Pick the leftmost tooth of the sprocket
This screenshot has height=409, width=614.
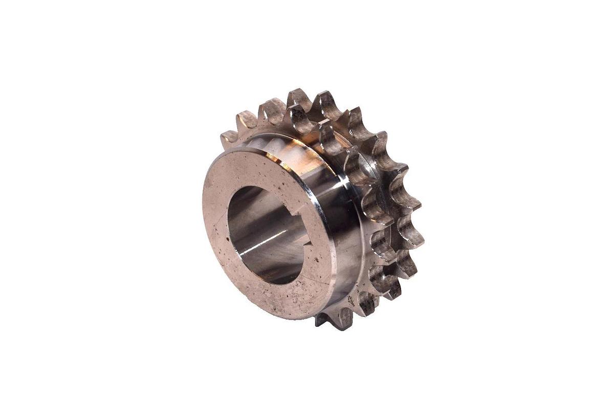click(x=229, y=137)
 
